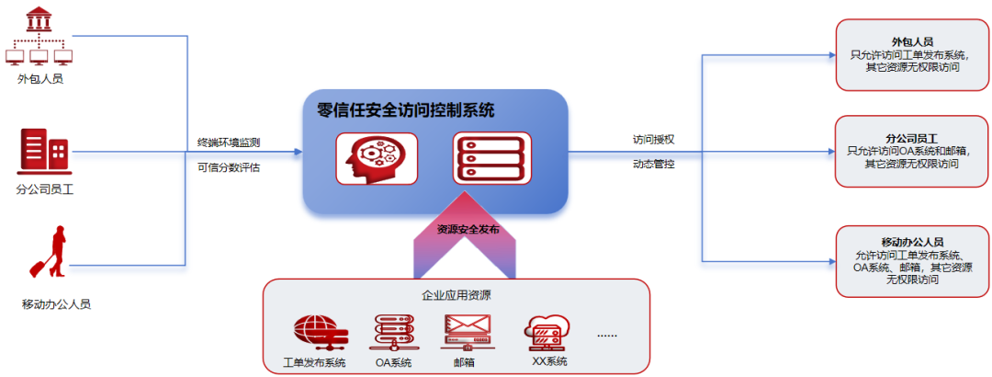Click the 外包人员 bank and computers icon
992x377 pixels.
(39, 36)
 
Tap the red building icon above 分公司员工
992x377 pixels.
(43, 153)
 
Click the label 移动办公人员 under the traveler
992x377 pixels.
(57, 303)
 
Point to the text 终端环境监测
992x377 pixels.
(229, 143)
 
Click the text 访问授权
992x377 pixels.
(654, 140)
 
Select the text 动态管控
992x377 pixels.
(654, 165)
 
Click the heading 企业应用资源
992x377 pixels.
(456, 296)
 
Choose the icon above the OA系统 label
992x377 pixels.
(393, 331)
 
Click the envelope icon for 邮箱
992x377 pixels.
(468, 331)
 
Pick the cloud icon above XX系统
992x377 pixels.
(548, 331)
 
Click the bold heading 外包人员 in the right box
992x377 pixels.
(911, 42)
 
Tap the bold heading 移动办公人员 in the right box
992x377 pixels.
(911, 242)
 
